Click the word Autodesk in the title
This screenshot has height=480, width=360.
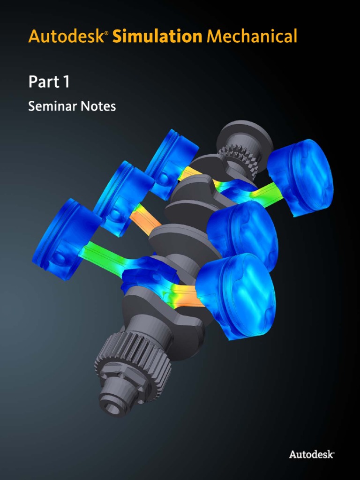66,36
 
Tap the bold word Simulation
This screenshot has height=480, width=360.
157,36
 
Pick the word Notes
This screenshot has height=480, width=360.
98,107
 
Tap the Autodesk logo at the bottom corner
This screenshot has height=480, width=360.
311,454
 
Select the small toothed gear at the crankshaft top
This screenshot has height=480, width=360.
237,159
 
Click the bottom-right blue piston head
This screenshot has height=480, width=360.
239,295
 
